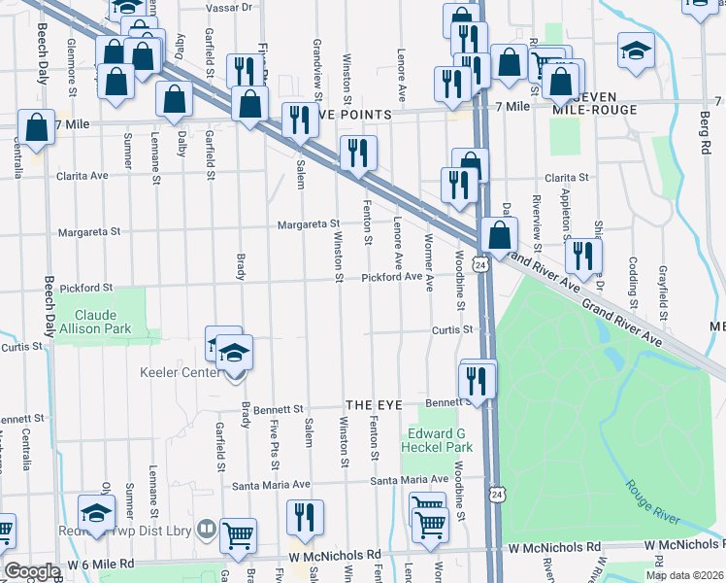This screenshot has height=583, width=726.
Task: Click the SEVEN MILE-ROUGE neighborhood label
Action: pyautogui.click(x=594, y=103)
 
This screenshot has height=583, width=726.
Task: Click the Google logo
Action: pyautogui.click(x=32, y=571)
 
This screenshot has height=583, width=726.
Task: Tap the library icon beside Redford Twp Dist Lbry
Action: pyautogui.click(x=206, y=530)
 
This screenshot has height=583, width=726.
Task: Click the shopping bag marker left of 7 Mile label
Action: pyautogui.click(x=36, y=128)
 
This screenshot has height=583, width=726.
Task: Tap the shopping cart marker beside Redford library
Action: pyautogui.click(x=239, y=535)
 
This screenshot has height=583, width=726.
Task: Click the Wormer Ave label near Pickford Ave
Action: pyautogui.click(x=428, y=252)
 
